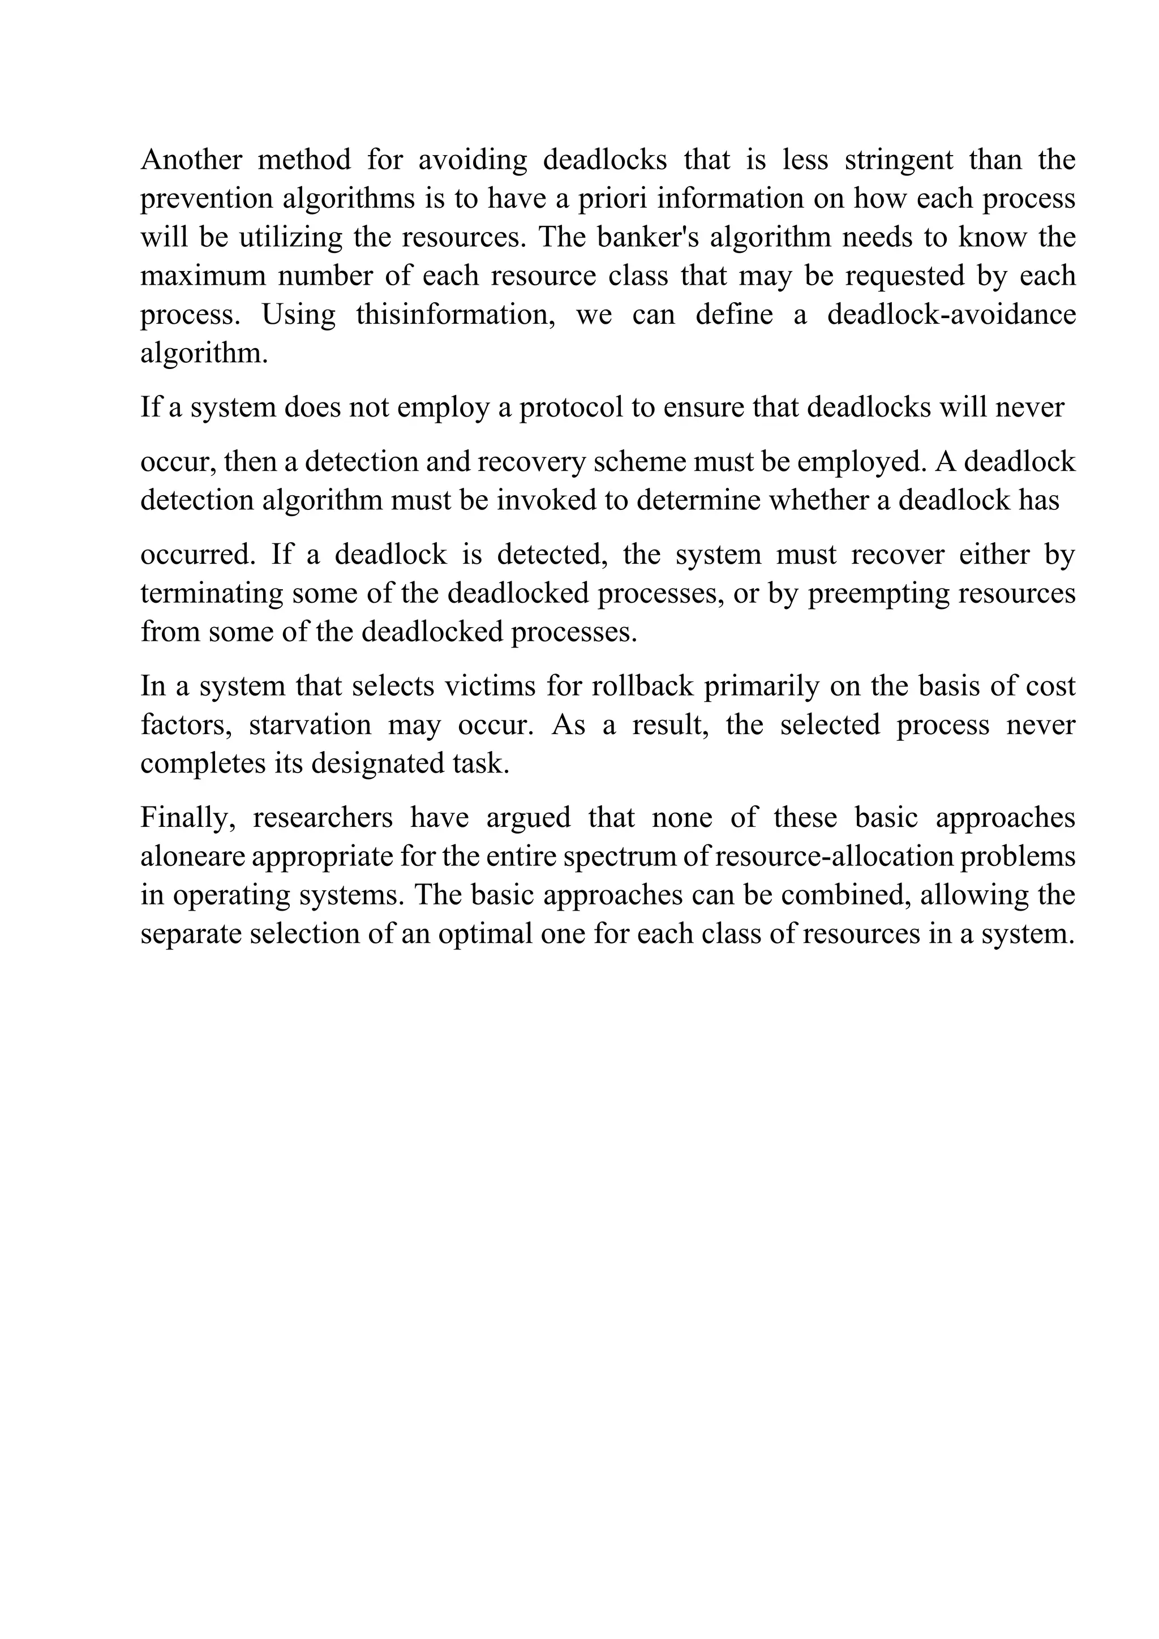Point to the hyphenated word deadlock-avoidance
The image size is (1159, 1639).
tap(951, 315)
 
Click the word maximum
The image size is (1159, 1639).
tap(203, 276)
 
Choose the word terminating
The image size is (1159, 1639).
tap(212, 593)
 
